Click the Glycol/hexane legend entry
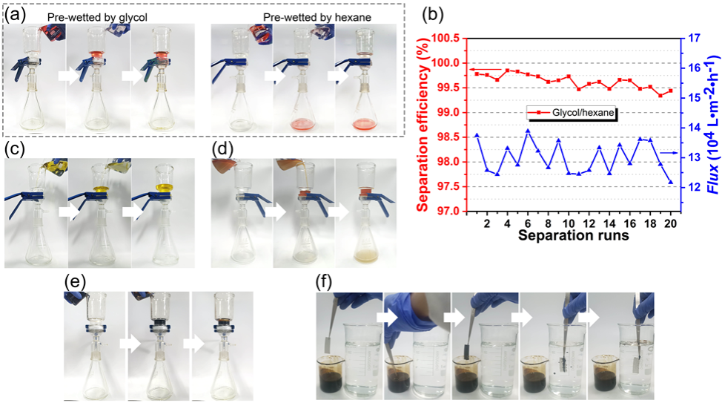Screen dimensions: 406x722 pyautogui.click(x=572, y=112)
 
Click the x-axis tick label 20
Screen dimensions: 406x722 pyautogui.click(x=670, y=223)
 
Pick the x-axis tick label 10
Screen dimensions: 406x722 pyautogui.click(x=569, y=223)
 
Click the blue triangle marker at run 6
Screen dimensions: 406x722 pyautogui.click(x=528, y=131)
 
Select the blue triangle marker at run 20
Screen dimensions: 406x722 pyautogui.click(x=670, y=182)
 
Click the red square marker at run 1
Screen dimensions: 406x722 pyautogui.click(x=477, y=73)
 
